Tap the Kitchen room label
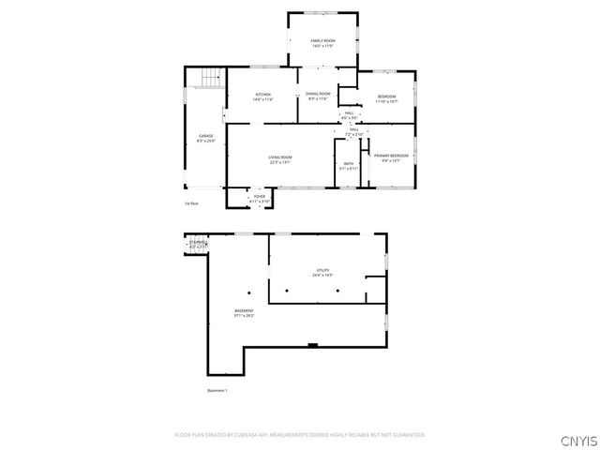[263, 97]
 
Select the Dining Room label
[318, 96]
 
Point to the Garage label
[205, 138]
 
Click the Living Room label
[280, 159]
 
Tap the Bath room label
[348, 166]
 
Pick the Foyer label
[259, 199]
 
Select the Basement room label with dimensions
[244, 313]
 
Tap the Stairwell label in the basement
[198, 245]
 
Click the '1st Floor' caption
[191, 203]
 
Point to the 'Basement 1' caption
[217, 390]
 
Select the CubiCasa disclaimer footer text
[299, 435]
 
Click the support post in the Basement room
[249, 290]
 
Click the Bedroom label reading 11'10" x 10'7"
[387, 98]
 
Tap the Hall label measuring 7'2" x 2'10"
[353, 132]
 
